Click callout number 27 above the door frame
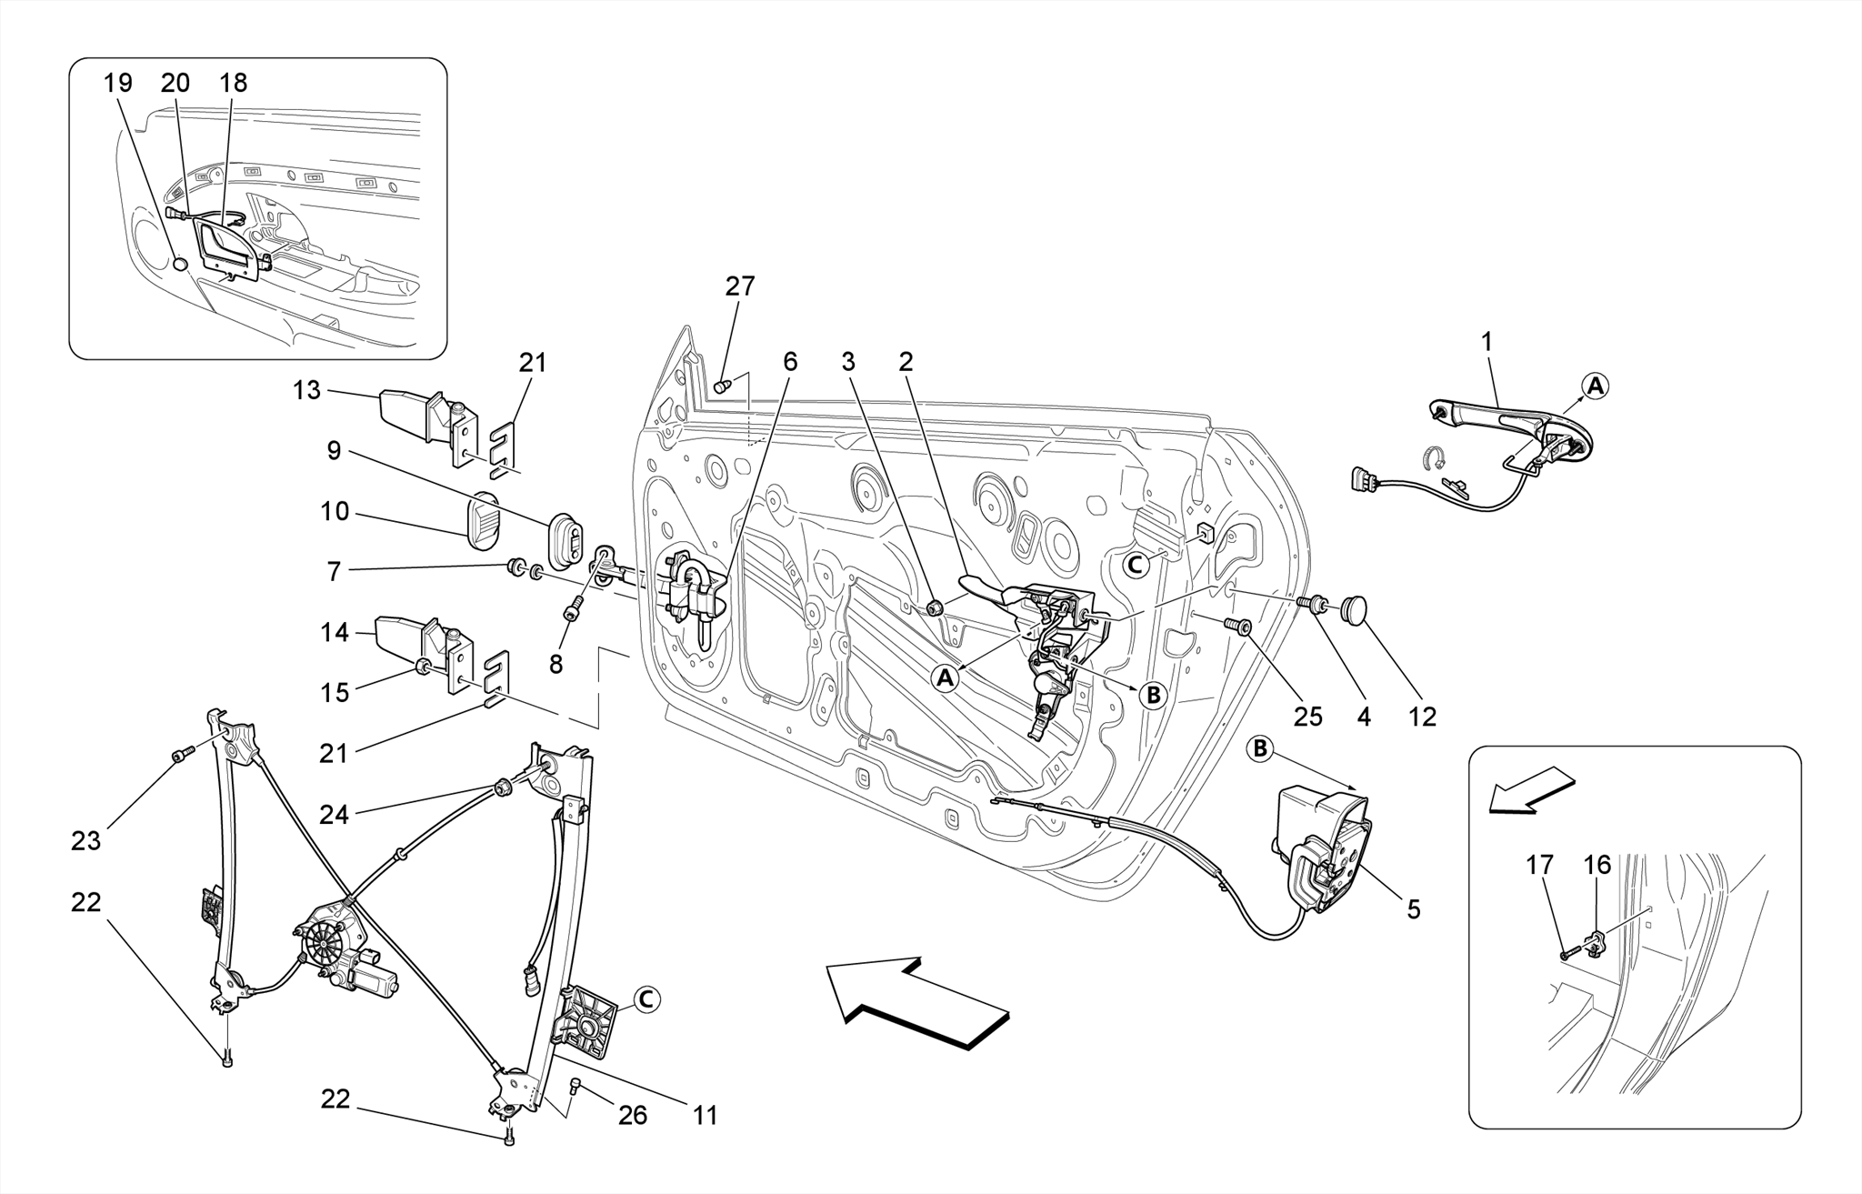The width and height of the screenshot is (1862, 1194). point(739,286)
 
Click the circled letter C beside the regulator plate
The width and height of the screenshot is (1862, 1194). point(646,999)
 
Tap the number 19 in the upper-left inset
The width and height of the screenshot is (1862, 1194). point(118,84)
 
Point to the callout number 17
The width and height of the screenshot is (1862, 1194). point(1539,865)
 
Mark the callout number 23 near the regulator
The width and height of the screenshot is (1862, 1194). point(85,841)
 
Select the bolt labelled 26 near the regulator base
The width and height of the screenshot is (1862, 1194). point(575,1084)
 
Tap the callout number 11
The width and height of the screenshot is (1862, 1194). point(706,1115)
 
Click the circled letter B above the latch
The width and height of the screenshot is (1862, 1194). point(1260,748)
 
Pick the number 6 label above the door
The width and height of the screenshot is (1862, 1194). point(789,362)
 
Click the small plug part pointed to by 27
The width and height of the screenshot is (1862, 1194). point(722,386)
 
